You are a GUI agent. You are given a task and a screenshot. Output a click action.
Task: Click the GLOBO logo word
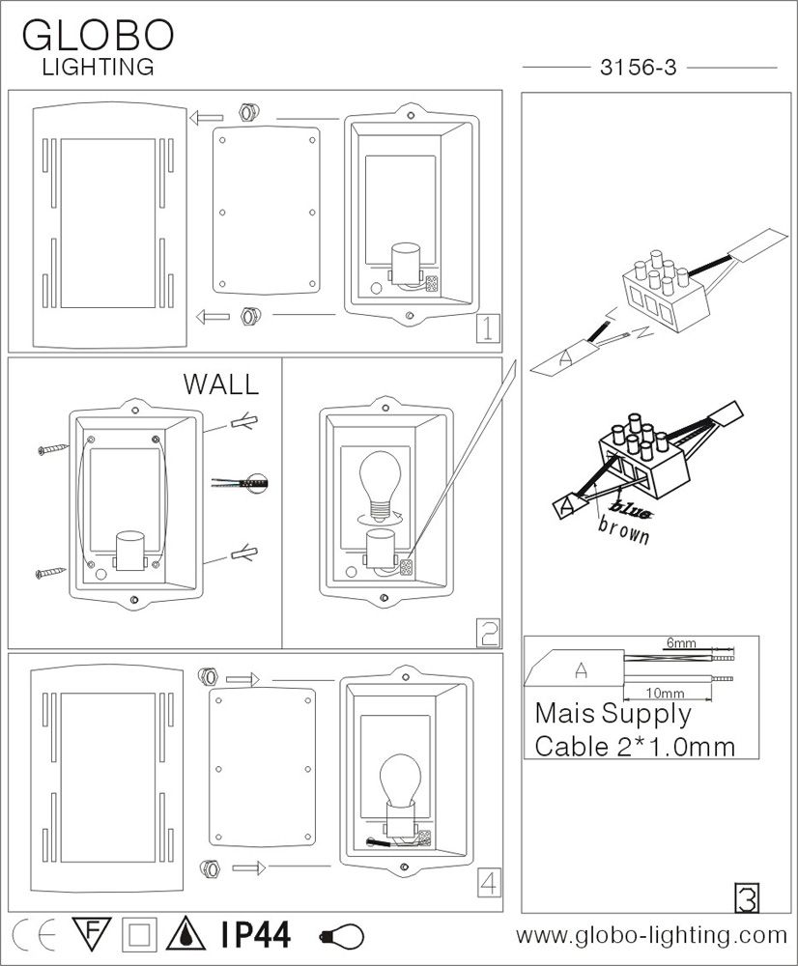coord(97,35)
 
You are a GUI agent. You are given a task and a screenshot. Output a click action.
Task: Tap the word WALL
coord(221,384)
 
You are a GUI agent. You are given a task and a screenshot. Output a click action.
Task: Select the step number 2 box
coord(489,633)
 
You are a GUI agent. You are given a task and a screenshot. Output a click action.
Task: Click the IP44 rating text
coord(255,935)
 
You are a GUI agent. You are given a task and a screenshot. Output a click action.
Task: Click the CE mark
coord(32,935)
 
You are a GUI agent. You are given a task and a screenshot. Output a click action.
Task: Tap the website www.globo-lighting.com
coord(652,935)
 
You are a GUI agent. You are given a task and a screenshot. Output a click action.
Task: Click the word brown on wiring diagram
coord(624,531)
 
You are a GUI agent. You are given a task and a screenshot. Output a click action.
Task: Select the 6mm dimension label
coord(680,642)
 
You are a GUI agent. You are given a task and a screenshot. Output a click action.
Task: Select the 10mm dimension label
coord(667,693)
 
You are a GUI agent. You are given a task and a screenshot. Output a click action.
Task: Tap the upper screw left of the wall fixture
coord(49,448)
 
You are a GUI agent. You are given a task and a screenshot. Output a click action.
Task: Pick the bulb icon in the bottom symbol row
coord(343,936)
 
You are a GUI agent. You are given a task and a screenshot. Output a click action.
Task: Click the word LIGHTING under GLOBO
coord(97,67)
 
